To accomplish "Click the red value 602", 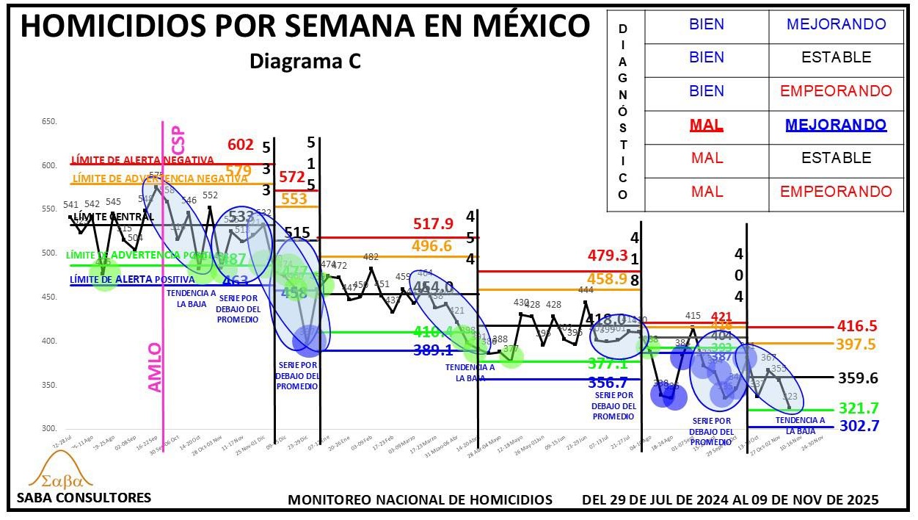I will (241, 145).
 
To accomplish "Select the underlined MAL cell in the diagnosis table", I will (707, 125).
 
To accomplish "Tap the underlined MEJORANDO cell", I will (836, 125).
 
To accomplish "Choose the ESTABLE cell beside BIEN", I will (836, 57).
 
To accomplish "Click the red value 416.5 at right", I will (858, 326).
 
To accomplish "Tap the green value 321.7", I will (857, 408).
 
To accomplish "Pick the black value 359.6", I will (858, 378).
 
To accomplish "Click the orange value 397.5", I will (858, 344).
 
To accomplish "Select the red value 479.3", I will (608, 256).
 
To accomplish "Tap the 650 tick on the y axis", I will (49, 121).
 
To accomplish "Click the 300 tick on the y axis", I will (49, 428).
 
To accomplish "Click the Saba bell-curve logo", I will (60, 471).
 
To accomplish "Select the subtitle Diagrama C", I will (305, 62).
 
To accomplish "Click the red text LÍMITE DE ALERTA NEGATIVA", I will (142, 160).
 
